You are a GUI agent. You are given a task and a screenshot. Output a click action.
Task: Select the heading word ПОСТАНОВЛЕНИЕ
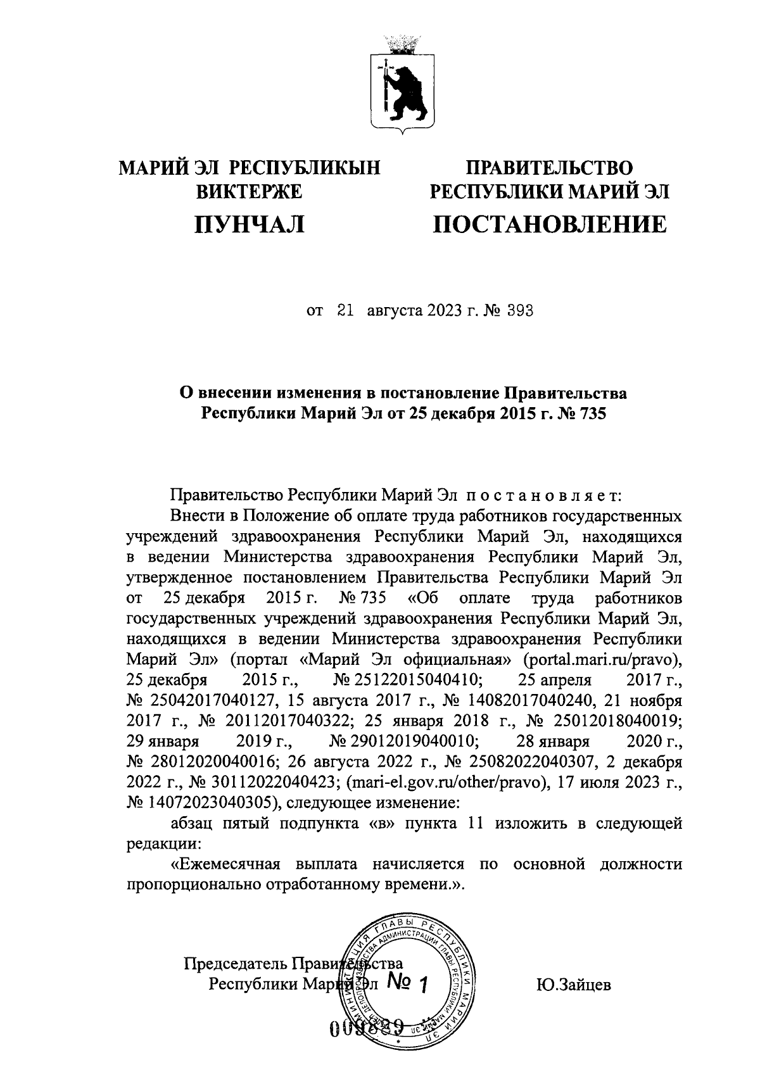[549, 224]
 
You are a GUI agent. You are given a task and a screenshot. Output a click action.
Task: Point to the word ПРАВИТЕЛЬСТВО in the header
[549, 168]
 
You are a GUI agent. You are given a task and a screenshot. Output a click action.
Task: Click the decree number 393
[519, 311]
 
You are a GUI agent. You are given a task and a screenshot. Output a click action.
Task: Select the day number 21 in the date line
[345, 311]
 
